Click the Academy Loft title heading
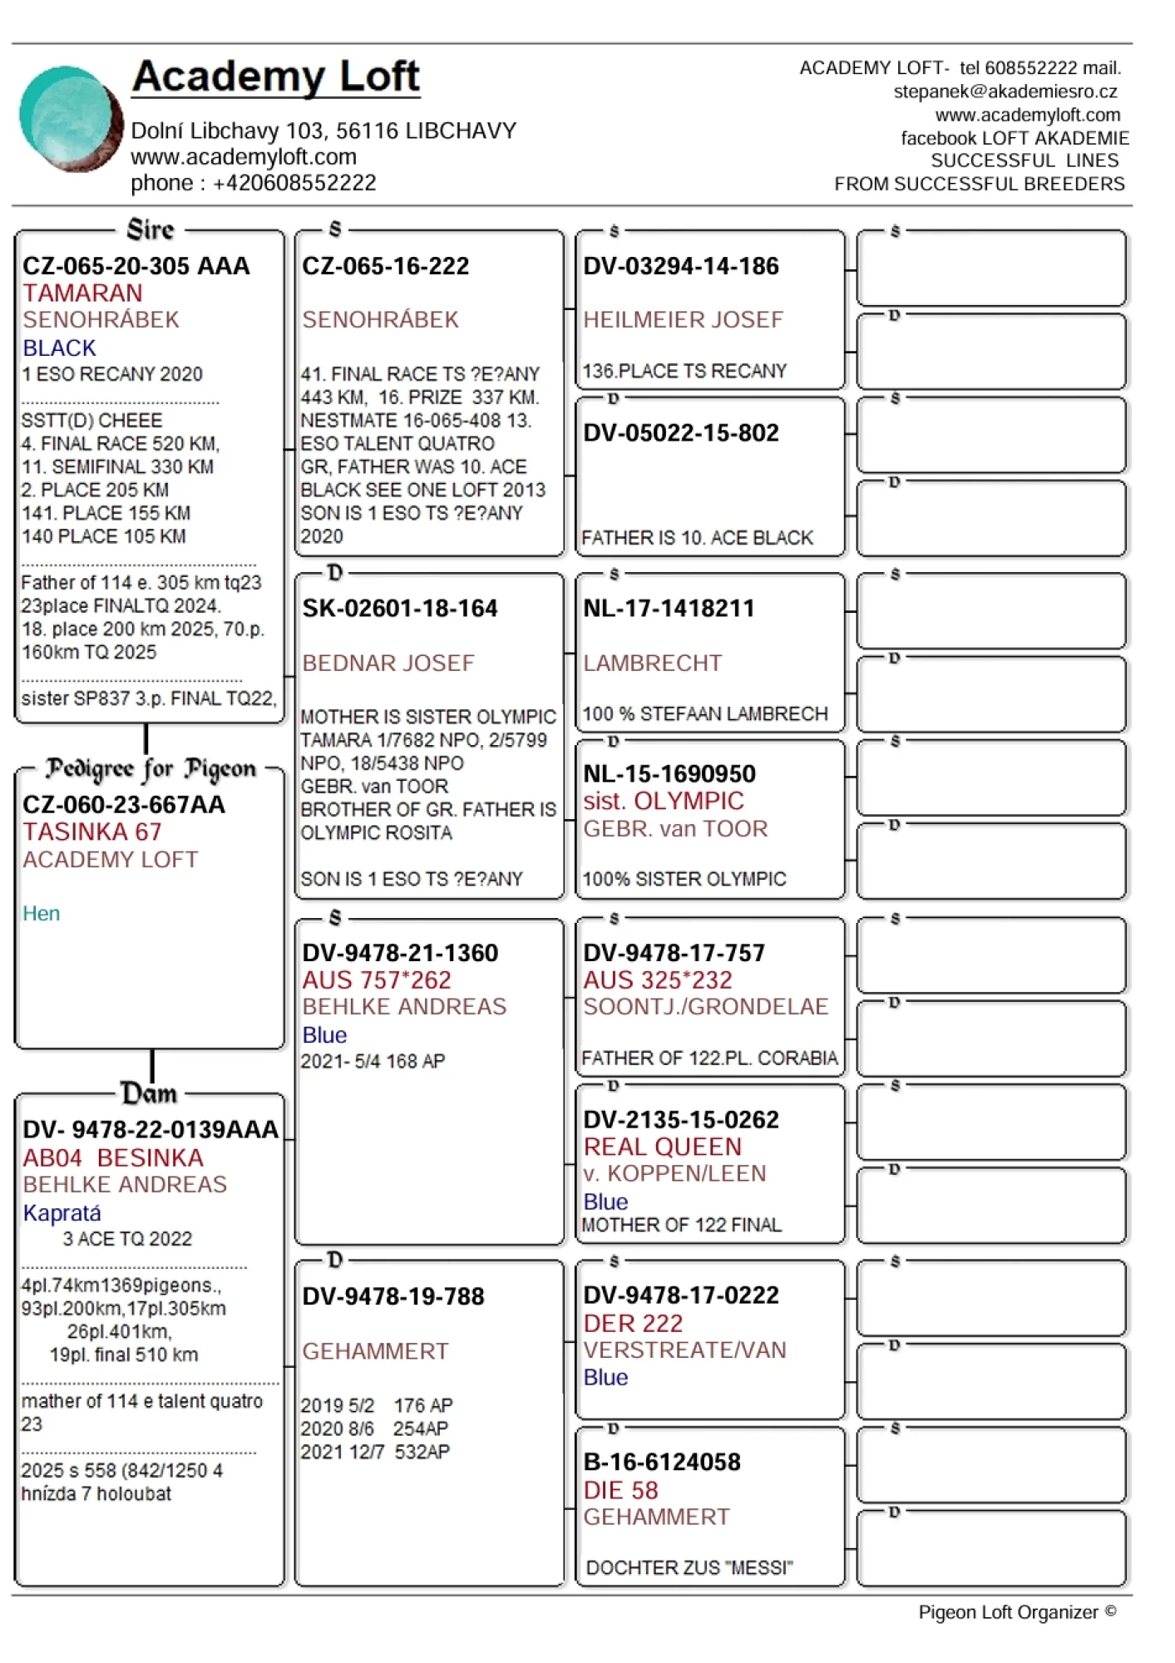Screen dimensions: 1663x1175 click(275, 76)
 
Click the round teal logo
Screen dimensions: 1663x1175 click(71, 119)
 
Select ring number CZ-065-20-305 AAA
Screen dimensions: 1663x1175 click(136, 266)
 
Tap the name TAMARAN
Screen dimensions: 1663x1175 click(82, 294)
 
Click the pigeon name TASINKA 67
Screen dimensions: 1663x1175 click(91, 832)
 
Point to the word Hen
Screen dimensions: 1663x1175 click(41, 914)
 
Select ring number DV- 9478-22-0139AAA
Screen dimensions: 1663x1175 click(151, 1130)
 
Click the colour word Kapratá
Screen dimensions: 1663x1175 click(62, 1213)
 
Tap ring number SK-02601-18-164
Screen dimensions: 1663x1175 click(399, 609)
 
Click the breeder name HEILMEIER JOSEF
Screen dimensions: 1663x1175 click(683, 320)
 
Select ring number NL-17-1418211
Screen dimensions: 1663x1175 click(669, 609)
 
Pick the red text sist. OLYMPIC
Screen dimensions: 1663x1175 click(663, 802)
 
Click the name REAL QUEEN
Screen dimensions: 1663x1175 click(662, 1147)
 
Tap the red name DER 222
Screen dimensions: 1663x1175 click(633, 1324)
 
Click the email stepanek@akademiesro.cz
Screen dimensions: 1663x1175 click(1005, 91)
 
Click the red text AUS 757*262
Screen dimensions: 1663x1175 click(376, 980)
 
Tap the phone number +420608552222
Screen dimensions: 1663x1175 click(294, 183)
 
